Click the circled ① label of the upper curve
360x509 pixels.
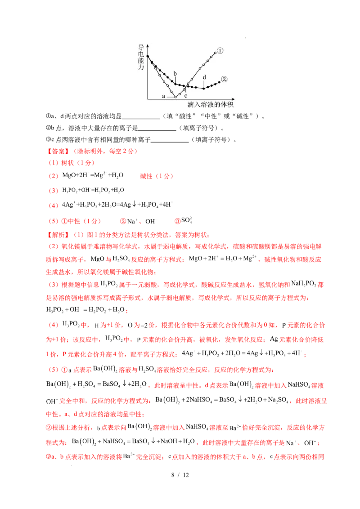tap(220, 51)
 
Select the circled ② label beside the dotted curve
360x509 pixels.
tap(225, 79)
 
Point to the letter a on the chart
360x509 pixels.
tap(164, 96)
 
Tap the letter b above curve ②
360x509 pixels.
tap(175, 73)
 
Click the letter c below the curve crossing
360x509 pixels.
tap(185, 96)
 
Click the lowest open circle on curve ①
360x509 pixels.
tap(175, 97)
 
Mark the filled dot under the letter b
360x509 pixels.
tap(175, 83)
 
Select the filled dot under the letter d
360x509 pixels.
tap(204, 88)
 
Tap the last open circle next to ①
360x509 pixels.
tap(215, 53)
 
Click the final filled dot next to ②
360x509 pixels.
tap(220, 82)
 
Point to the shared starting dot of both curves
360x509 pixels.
tap(148, 56)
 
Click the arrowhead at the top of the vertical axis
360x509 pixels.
tap(148, 45)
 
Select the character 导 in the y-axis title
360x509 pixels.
tap(141, 47)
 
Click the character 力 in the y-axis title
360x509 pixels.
tap(141, 66)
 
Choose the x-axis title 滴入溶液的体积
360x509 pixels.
tap(211, 105)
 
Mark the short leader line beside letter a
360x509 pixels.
tap(170, 97)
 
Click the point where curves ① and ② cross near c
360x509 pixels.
tap(185, 86)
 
